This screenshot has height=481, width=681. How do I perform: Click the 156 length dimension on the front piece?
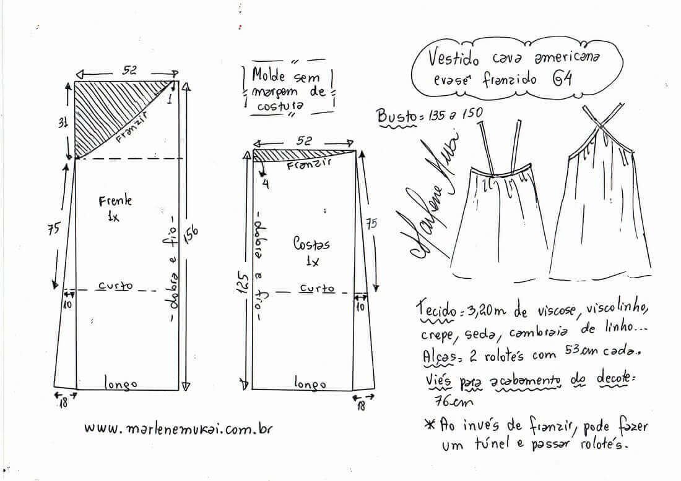tap(192, 236)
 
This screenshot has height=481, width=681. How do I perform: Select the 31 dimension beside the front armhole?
tap(63, 124)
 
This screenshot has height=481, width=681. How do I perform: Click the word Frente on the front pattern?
tap(115, 201)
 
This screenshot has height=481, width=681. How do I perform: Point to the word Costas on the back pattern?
tap(311, 244)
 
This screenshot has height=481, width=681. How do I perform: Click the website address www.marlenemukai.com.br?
tap(178, 428)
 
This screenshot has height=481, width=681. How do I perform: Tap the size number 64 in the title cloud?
tap(562, 79)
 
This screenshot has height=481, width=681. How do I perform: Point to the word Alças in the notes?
tap(439, 356)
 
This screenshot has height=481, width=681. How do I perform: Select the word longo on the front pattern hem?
tap(120, 383)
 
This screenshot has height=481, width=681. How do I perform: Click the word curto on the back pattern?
tap(317, 288)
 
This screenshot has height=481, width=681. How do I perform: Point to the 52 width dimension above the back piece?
tap(304, 140)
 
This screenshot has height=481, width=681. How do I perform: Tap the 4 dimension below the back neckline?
tap(266, 184)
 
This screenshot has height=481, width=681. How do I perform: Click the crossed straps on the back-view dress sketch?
tap(601, 126)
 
